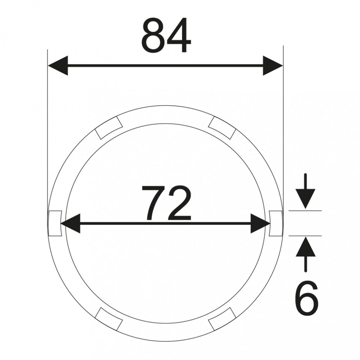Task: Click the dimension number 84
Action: point(166,35)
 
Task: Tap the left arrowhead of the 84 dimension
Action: point(58,66)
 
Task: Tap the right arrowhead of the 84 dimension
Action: point(273,66)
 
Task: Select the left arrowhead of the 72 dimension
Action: point(70,223)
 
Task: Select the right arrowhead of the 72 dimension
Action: point(260,223)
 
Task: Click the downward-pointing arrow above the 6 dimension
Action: point(305,191)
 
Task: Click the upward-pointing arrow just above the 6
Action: point(305,255)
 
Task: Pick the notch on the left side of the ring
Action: point(55,223)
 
